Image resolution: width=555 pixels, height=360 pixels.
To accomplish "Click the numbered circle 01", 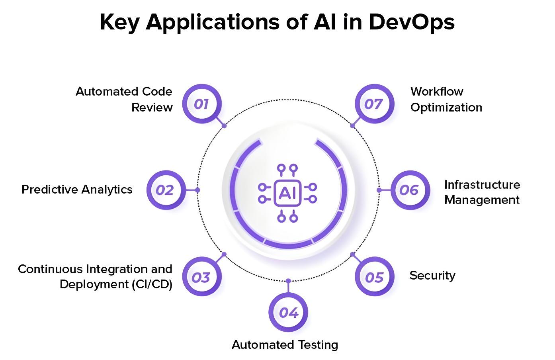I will click(201, 104).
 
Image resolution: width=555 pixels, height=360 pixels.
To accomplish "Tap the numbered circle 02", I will click(165, 190).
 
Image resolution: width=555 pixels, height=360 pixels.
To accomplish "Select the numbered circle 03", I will click(201, 277).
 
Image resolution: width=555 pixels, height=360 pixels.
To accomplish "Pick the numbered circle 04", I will click(289, 313).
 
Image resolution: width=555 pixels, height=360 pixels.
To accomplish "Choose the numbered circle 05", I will click(374, 277).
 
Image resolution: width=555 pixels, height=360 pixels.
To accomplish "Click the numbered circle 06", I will click(410, 190).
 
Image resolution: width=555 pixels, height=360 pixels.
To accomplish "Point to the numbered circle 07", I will click(374, 104).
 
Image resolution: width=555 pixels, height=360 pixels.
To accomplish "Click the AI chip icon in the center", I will click(287, 193).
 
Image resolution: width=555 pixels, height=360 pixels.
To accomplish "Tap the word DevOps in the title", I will click(411, 22).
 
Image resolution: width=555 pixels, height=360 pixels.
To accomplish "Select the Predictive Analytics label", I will click(77, 190).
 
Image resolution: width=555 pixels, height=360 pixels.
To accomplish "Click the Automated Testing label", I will click(285, 345).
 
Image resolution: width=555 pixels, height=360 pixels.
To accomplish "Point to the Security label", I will click(432, 276).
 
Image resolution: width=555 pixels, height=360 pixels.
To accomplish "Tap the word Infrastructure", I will click(482, 185).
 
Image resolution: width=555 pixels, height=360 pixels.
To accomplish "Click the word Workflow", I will click(437, 92).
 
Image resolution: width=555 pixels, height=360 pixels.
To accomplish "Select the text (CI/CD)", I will click(152, 285).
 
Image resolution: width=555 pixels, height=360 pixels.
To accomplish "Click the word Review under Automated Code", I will click(152, 108).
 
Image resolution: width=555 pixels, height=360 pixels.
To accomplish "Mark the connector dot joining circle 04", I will click(288, 281).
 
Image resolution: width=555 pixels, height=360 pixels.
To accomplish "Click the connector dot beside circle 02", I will click(198, 190).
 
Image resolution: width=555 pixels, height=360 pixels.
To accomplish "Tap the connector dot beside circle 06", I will click(379, 190).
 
